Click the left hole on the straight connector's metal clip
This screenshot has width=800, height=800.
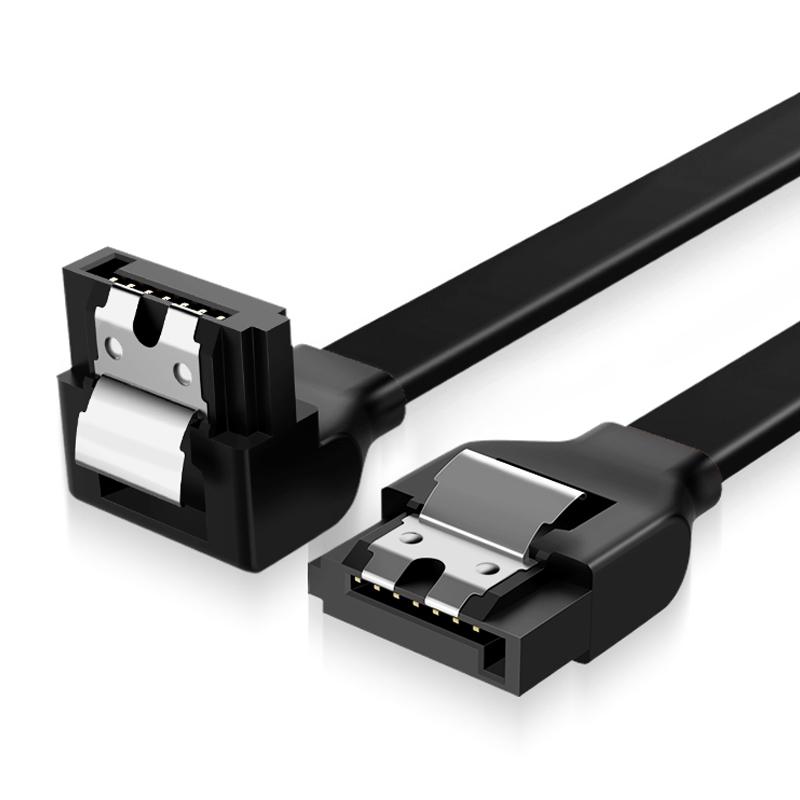[x=408, y=539]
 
